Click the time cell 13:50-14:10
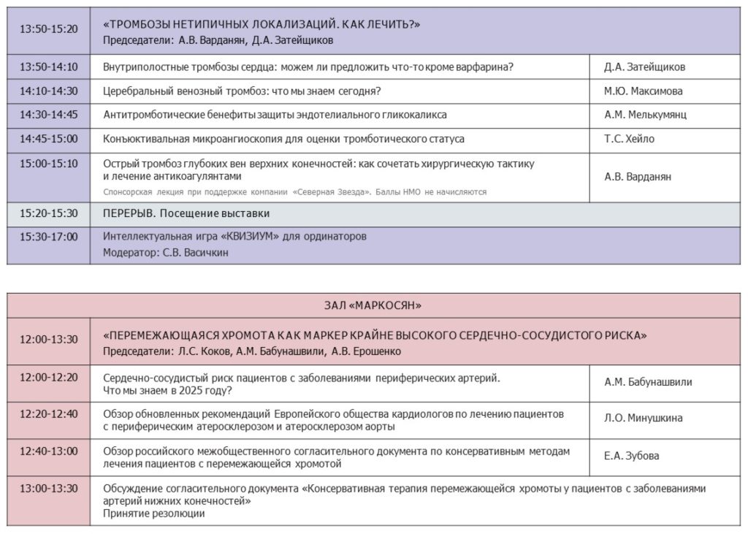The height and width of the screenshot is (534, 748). [x=49, y=66]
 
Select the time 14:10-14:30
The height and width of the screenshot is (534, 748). [x=49, y=91]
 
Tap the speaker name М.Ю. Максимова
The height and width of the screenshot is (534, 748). [x=644, y=91]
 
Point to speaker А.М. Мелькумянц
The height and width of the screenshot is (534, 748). [x=645, y=115]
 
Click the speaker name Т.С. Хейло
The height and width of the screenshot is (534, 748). [x=629, y=139]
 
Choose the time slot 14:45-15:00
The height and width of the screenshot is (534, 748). [x=49, y=138]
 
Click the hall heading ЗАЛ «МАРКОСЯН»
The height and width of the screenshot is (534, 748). [x=373, y=305]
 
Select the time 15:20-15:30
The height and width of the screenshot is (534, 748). [x=49, y=213]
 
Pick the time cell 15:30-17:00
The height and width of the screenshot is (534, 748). [x=49, y=237]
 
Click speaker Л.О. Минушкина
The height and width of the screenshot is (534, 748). [x=644, y=419]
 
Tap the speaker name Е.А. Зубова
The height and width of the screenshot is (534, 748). [x=631, y=456]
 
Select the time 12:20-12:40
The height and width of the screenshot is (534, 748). [x=49, y=413]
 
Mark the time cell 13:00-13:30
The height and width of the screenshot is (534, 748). [x=49, y=488]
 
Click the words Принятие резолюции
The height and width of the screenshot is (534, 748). [x=154, y=514]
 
